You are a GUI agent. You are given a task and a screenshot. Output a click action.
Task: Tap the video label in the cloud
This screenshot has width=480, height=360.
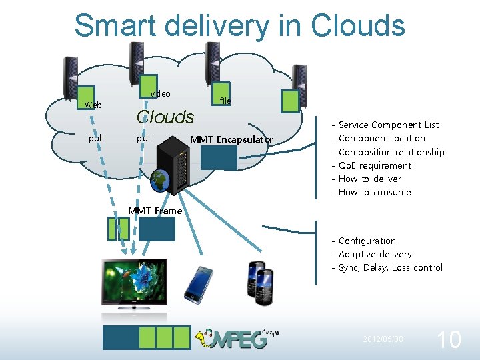click(160, 94)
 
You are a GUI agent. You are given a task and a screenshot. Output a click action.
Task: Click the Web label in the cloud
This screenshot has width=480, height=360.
click(93, 105)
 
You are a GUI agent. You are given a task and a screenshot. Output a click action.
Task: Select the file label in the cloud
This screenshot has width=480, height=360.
click(225, 101)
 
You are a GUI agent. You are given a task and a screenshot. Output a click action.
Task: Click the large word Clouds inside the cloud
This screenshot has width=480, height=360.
click(165, 117)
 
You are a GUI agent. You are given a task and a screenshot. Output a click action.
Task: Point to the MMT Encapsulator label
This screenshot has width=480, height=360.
click(231, 139)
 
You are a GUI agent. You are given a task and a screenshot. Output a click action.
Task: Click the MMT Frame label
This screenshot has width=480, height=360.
click(155, 211)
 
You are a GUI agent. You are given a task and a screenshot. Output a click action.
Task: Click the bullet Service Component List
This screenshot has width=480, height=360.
click(389, 125)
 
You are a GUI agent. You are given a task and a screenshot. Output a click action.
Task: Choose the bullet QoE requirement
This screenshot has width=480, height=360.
click(375, 165)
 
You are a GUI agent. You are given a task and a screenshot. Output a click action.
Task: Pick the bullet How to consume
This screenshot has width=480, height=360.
click(375, 193)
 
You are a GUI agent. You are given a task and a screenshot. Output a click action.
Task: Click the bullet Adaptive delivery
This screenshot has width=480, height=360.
click(375, 254)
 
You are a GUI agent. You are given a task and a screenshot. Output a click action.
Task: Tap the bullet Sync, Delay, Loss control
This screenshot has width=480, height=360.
click(390, 267)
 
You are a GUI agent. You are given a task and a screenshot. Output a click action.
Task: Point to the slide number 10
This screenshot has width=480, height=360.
click(447, 340)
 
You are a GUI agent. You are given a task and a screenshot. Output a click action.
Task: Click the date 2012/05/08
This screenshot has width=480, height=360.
click(383, 339)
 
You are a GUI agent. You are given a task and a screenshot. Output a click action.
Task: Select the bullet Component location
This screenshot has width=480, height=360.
click(381, 138)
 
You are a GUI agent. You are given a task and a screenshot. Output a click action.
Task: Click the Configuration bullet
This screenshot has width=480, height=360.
click(367, 241)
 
